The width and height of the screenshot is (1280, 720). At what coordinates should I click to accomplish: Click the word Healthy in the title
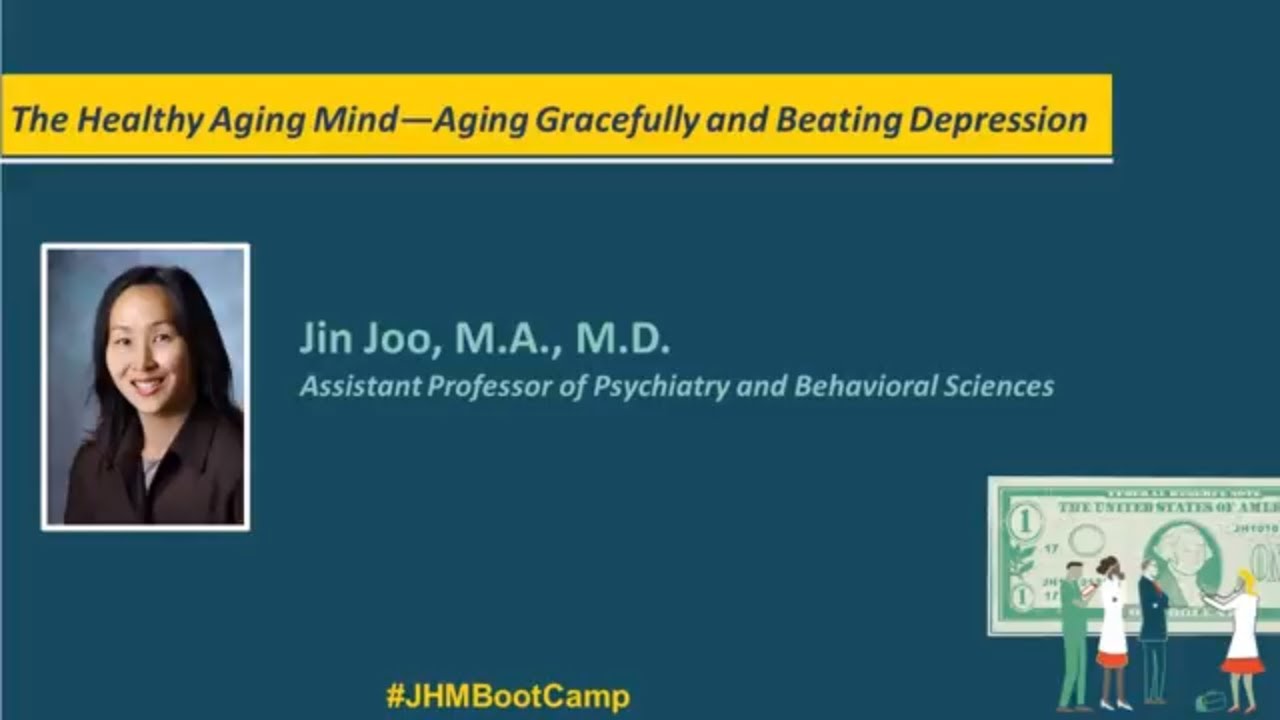(139, 120)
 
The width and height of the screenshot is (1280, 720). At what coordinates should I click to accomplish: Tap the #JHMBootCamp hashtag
(508, 696)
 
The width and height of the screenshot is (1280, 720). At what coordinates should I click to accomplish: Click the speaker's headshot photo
(146, 387)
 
